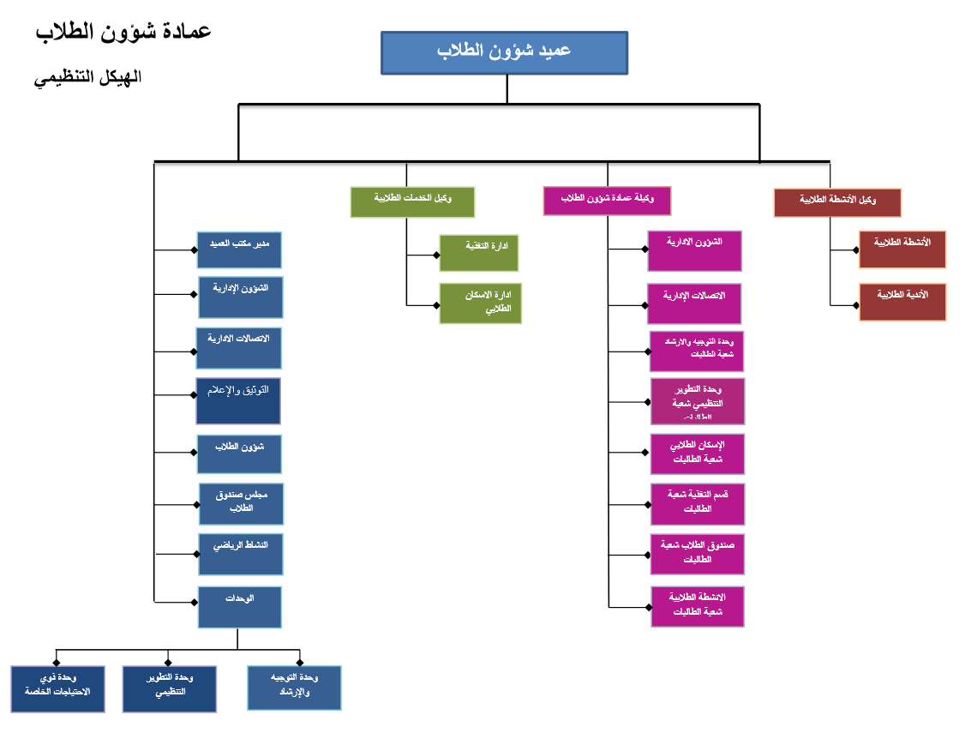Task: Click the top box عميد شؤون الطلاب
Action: tap(504, 52)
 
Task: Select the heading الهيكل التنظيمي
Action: tap(87, 77)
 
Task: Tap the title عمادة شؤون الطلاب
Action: tap(123, 32)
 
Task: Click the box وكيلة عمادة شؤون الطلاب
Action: tap(607, 201)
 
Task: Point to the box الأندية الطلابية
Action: tap(902, 302)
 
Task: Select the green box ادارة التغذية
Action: tap(480, 252)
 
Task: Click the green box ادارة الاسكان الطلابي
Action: tap(480, 303)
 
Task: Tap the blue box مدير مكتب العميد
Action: tap(239, 249)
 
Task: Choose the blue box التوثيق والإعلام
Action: tap(238, 400)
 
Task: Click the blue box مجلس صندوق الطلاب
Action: tap(241, 503)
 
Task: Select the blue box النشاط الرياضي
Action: tap(240, 553)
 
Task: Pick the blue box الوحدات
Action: tap(240, 606)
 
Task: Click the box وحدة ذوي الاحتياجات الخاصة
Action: tap(57, 688)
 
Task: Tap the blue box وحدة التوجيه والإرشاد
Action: tap(294, 688)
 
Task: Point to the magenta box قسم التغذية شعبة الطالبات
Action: tap(697, 503)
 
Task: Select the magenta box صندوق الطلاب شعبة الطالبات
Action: tap(697, 553)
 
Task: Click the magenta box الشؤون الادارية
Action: tap(694, 250)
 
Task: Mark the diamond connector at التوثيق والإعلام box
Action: tap(193, 395)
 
